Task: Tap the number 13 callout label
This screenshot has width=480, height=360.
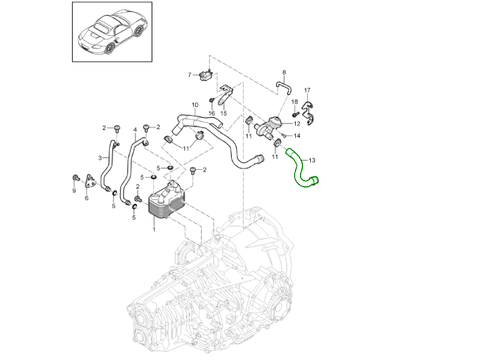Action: (x=311, y=160)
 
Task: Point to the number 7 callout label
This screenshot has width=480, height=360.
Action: (x=190, y=75)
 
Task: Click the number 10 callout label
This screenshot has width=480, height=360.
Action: (x=194, y=104)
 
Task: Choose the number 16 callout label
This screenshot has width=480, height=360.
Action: (x=211, y=113)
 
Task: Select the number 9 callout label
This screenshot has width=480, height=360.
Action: (x=74, y=191)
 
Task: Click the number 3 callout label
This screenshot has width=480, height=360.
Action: (x=100, y=158)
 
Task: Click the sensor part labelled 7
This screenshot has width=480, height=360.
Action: (x=207, y=75)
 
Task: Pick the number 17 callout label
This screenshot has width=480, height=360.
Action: (x=308, y=91)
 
